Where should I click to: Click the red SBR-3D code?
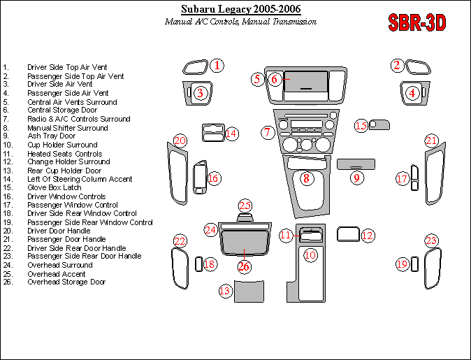(417, 22)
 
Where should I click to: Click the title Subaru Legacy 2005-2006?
(240, 9)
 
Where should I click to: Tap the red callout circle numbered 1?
(217, 66)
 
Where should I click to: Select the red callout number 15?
(361, 126)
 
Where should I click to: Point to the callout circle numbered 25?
(245, 206)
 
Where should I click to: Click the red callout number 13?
(225, 291)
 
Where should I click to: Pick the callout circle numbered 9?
(356, 178)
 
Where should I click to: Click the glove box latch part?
(379, 124)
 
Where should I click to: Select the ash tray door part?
(356, 164)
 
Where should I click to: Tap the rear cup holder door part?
(249, 291)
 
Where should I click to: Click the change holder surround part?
(348, 234)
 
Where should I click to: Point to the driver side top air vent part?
(196, 67)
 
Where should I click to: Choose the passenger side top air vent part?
(418, 67)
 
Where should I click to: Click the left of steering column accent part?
(213, 133)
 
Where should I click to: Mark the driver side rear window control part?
(199, 264)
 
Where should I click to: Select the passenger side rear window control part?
(414, 264)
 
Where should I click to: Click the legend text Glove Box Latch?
(55, 187)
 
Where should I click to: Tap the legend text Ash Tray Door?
(52, 136)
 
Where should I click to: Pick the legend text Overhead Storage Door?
(66, 282)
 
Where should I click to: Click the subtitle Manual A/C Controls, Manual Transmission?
(240, 22)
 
